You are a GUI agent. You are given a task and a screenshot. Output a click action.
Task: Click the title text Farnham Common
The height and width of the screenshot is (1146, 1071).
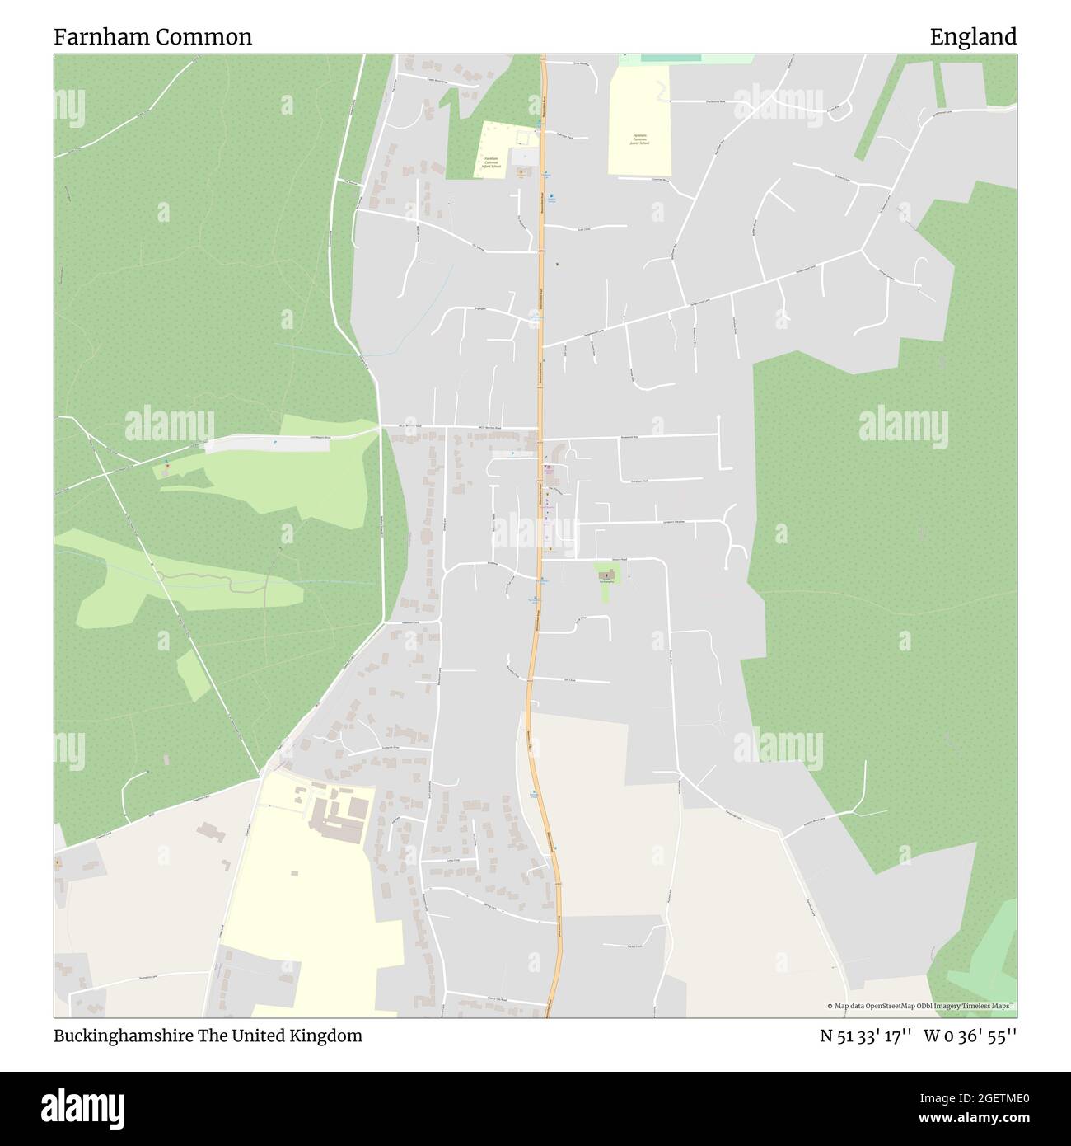(152, 37)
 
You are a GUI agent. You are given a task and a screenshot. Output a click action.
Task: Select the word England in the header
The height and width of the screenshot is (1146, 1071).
(973, 37)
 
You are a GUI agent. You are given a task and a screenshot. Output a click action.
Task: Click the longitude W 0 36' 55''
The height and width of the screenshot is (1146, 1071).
(970, 1036)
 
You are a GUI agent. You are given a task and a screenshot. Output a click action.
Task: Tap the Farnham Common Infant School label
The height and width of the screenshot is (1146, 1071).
(492, 162)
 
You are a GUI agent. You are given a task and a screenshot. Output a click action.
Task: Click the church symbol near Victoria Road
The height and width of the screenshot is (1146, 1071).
(607, 574)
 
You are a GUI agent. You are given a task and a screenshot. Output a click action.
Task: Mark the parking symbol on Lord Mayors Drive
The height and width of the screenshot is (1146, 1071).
(274, 443)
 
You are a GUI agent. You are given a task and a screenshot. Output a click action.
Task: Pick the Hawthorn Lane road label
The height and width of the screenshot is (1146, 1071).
(412, 622)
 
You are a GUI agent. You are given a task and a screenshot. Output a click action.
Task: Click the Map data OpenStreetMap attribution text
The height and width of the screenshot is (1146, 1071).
(920, 1006)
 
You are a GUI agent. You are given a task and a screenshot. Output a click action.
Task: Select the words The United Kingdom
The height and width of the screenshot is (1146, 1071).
(279, 1036)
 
